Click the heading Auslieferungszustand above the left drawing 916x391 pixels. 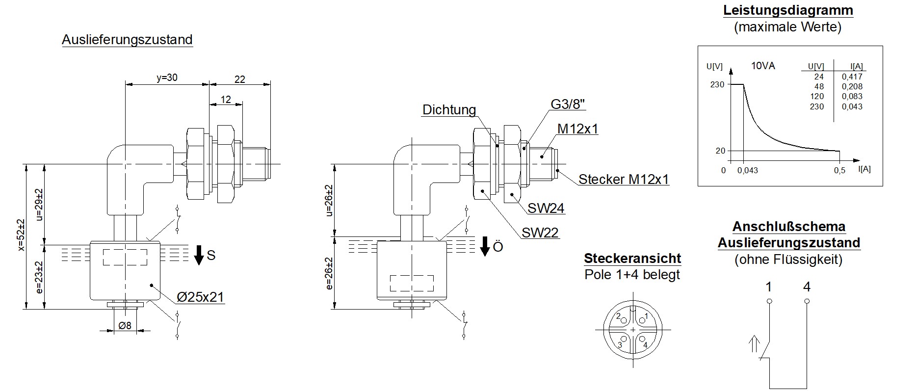tap(127, 40)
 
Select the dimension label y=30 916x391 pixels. tap(167, 78)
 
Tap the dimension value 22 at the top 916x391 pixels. tap(239, 79)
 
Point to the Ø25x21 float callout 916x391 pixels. tap(201, 297)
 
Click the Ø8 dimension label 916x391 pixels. tap(125, 325)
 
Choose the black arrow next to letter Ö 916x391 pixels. tap(485, 246)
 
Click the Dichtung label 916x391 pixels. tap(449, 109)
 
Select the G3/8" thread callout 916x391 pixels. tap(568, 104)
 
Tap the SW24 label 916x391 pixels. tap(546, 208)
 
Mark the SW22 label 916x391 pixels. tap(540, 233)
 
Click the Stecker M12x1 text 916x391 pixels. tap(624, 179)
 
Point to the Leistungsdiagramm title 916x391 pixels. tap(787, 10)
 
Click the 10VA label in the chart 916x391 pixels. tap(763, 66)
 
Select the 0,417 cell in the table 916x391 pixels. tap(852, 77)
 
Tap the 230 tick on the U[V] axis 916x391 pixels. tap(717, 84)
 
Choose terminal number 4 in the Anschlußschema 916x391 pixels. tap(807, 287)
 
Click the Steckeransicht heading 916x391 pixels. tap(632, 259)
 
